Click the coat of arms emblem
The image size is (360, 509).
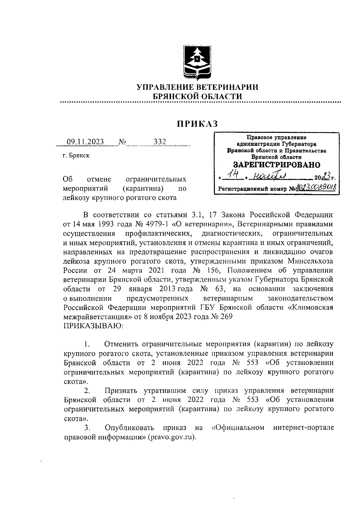197,63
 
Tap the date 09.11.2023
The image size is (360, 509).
85,142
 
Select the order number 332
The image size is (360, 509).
160,142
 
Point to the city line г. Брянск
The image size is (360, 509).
76,155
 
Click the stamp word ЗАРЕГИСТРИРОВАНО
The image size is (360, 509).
277,165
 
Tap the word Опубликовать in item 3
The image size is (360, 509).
129,427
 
